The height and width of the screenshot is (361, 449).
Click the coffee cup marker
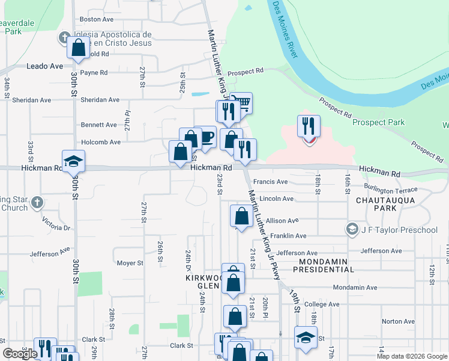click(x=205, y=137)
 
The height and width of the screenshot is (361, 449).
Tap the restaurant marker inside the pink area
click(x=309, y=126)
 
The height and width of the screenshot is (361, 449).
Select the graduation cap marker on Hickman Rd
click(x=74, y=161)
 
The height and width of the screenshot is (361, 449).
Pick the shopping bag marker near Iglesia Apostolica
click(x=79, y=48)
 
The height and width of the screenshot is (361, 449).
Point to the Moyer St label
click(x=130, y=263)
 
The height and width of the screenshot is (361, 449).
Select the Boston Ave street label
click(x=101, y=19)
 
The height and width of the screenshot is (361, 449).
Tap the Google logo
click(x=20, y=354)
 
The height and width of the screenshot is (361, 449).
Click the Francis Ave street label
click(x=270, y=182)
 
